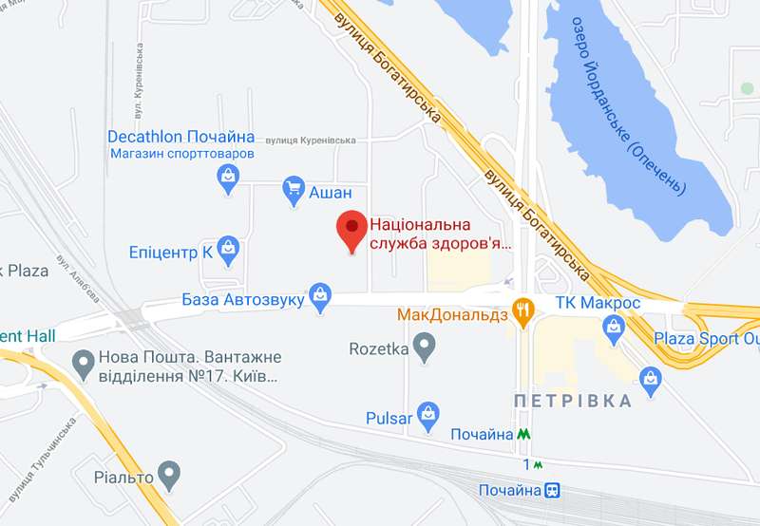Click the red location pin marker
coord(352,229)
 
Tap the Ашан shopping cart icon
coord(294,191)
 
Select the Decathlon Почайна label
coord(180,137)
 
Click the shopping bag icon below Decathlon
coord(227,177)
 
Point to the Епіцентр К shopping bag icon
coord(228,251)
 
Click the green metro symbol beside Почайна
coord(524,434)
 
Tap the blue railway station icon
coord(551,491)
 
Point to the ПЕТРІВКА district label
coord(572,400)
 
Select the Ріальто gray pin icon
coord(169,472)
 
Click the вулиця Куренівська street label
coord(310,141)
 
